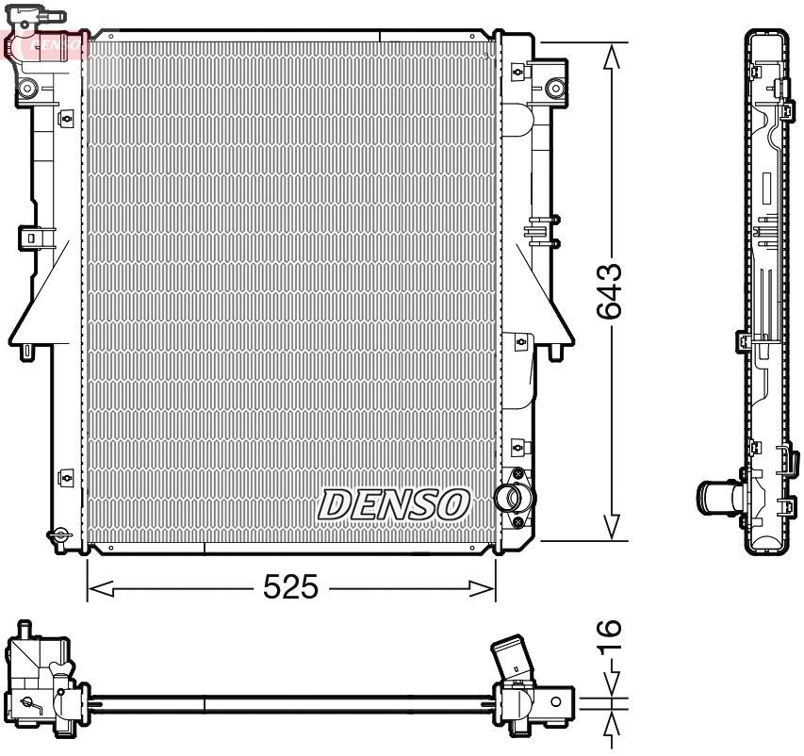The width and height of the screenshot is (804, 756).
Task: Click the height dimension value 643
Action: pos(611,291)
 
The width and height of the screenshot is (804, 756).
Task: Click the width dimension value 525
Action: pos(290,589)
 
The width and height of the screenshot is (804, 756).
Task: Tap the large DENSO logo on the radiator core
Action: pos(394,504)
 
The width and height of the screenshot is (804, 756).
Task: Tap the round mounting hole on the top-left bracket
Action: pos(26,90)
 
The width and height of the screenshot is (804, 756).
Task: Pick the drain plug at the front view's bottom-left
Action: pos(60,535)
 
